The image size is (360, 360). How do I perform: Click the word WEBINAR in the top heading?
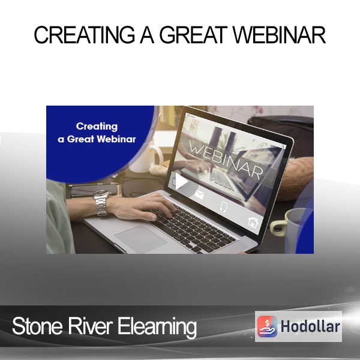(280, 35)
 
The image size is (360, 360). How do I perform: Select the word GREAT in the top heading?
(194, 35)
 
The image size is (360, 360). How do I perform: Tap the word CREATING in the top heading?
(84, 35)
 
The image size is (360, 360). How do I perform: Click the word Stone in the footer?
(37, 326)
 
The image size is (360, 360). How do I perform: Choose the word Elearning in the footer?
(157, 328)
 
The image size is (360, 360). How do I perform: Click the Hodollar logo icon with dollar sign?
(267, 326)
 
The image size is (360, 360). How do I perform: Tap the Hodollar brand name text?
(310, 326)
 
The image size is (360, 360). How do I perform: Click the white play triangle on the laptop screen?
(181, 182)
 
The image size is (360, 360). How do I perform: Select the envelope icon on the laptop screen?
(199, 195)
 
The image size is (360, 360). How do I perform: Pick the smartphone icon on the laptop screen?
(224, 206)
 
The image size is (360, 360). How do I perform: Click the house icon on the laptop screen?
(253, 222)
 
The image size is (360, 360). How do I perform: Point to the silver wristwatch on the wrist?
(101, 203)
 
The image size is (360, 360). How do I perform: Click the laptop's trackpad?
(141, 239)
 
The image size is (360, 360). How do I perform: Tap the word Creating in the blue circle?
(97, 127)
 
